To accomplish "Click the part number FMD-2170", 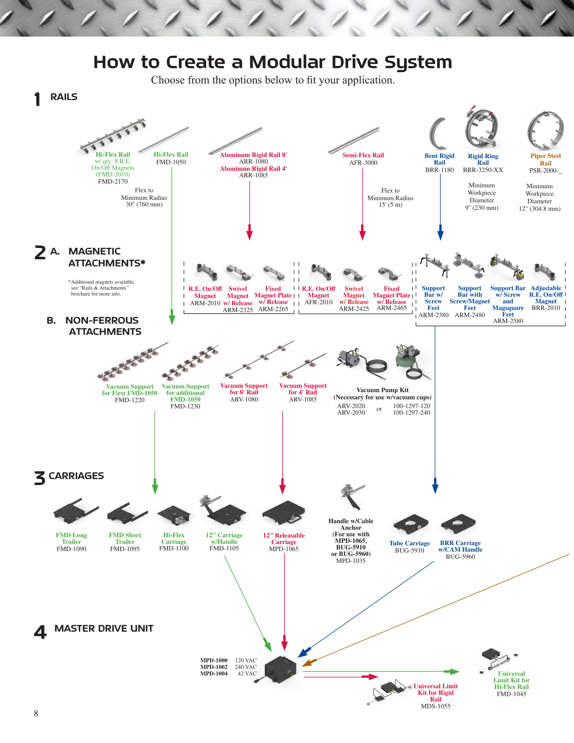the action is [113, 181].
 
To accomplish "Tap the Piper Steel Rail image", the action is [546, 131].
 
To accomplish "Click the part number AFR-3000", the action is [363, 163].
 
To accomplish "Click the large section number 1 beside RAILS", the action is [38, 99].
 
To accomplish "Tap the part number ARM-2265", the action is [273, 309].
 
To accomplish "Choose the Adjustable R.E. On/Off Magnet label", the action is [546, 295].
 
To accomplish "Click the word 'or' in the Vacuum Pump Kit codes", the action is [379, 409].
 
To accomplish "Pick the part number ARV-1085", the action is [303, 399].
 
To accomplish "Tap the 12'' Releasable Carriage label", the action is [284, 538].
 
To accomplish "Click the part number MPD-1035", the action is [350, 561].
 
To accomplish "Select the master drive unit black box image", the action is [279, 670].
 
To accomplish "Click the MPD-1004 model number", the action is [214, 673].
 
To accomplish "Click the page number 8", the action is [36, 713].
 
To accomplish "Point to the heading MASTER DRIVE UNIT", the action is [104, 628].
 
